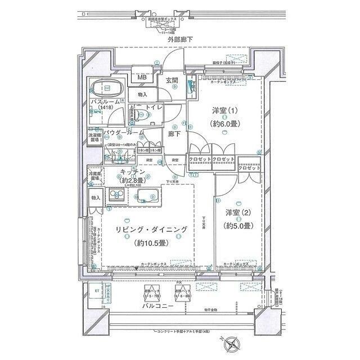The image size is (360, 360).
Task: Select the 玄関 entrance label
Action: pos(173,80)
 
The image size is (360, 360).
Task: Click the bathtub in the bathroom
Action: pos(109,89)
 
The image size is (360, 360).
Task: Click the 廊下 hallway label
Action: pos(174,134)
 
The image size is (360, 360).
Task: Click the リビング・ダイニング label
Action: pos(151,231)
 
